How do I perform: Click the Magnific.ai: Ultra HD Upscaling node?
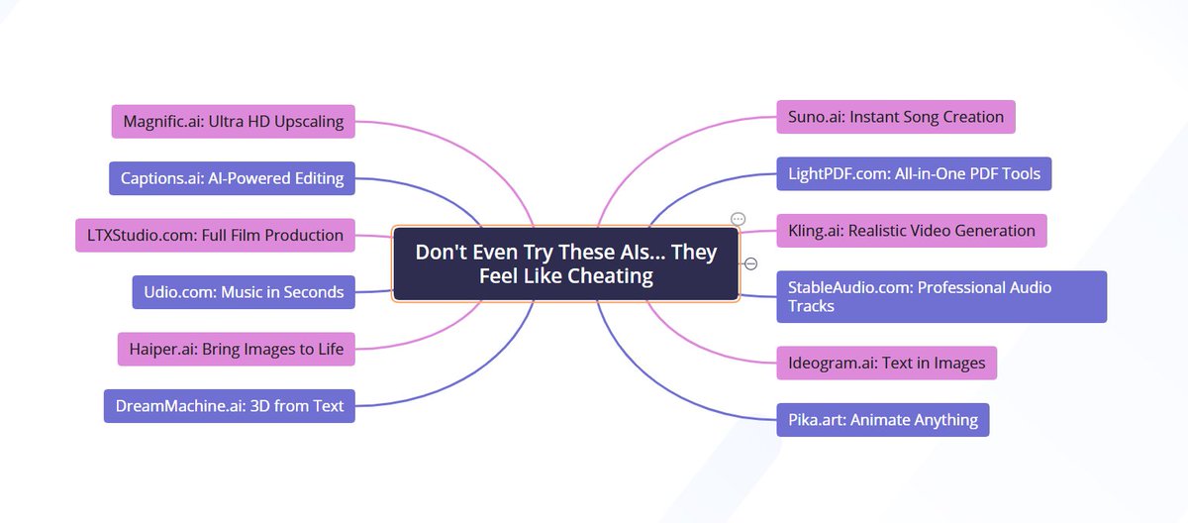[233, 122]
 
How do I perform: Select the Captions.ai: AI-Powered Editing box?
[232, 178]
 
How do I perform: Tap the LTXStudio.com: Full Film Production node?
[215, 235]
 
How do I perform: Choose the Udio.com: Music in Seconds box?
[244, 291]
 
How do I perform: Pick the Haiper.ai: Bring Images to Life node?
[236, 348]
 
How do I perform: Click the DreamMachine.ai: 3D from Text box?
[230, 405]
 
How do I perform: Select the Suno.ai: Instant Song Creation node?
[895, 117]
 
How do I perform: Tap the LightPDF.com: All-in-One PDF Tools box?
[913, 173]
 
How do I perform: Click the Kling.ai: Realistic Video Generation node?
[911, 231]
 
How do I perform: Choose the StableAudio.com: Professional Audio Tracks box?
[940, 296]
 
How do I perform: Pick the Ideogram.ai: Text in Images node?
[886, 363]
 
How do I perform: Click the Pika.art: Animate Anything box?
[882, 419]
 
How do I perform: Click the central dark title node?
[565, 263]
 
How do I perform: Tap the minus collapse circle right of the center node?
[750, 263]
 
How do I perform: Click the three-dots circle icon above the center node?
[738, 219]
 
